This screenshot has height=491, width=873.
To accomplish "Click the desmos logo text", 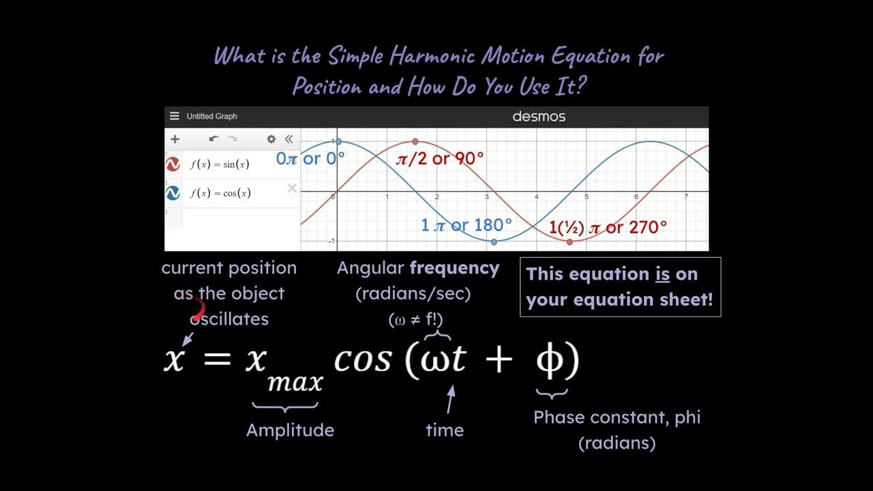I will (x=539, y=117).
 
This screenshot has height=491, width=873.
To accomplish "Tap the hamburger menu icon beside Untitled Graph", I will (x=175, y=117).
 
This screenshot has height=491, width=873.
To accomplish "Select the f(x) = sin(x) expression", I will (x=220, y=164).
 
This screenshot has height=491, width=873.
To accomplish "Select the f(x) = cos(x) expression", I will (x=220, y=193).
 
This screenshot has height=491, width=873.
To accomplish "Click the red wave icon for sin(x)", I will (x=173, y=164).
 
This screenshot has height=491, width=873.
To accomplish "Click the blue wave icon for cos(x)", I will (x=173, y=194).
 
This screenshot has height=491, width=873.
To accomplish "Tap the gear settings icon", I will (x=271, y=139).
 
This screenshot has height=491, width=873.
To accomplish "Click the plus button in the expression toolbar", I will (x=175, y=139).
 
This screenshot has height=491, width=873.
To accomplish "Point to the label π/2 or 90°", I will (x=440, y=159).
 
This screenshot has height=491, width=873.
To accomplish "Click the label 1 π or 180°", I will (x=466, y=225).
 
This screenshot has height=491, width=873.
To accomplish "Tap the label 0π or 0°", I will (x=310, y=159).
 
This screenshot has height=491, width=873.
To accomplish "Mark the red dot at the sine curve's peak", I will (x=415, y=142).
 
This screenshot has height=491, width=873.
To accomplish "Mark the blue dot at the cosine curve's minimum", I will (x=494, y=241).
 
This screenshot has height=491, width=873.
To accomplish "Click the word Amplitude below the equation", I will (x=290, y=430).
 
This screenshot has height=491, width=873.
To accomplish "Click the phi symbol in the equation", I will (x=551, y=360).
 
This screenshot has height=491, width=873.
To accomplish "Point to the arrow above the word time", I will (x=449, y=400).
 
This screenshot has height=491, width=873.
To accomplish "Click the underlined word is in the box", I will (x=662, y=274).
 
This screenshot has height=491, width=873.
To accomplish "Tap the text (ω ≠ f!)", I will (x=415, y=318).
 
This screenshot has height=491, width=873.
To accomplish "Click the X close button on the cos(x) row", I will (x=292, y=188).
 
